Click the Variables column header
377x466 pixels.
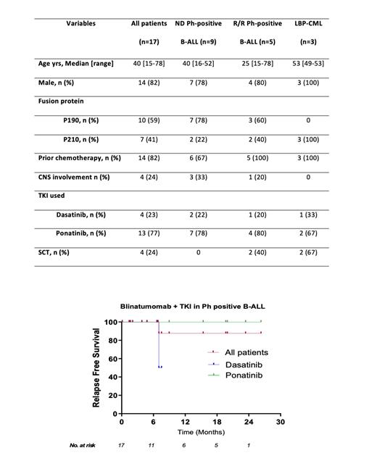point(80,23)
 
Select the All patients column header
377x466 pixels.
point(148,23)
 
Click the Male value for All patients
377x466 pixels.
point(148,82)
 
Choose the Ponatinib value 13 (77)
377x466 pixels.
point(148,233)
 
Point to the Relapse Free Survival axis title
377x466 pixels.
point(96,367)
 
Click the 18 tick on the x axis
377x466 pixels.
point(216,421)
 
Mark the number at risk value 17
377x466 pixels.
point(121,445)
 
